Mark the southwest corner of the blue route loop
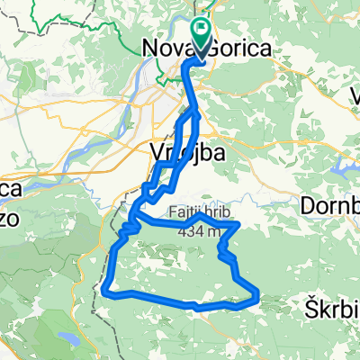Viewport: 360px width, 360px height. tap(107, 290)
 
